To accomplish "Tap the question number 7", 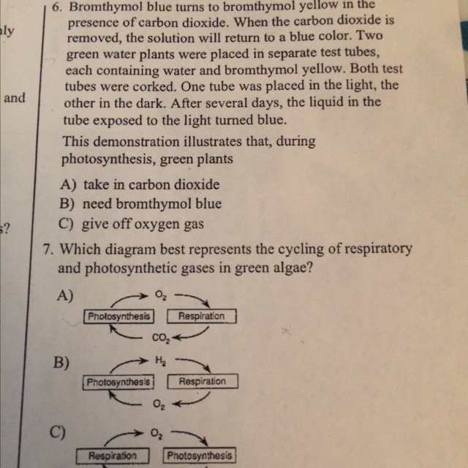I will pyautogui.click(x=49, y=249).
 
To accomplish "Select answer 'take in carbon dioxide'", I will pyautogui.click(x=151, y=185).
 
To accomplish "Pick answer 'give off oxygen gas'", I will pyautogui.click(x=143, y=224).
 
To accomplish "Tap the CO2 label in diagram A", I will pyautogui.click(x=160, y=337).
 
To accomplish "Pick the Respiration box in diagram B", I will pyautogui.click(x=203, y=382).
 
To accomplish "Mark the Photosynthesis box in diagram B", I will pyautogui.click(x=121, y=382).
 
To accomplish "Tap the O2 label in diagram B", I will pyautogui.click(x=159, y=403).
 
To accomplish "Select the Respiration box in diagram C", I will pyautogui.click(x=113, y=456).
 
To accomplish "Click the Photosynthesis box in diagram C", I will pyautogui.click(x=200, y=456).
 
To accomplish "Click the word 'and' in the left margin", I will pyautogui.click(x=15, y=97).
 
